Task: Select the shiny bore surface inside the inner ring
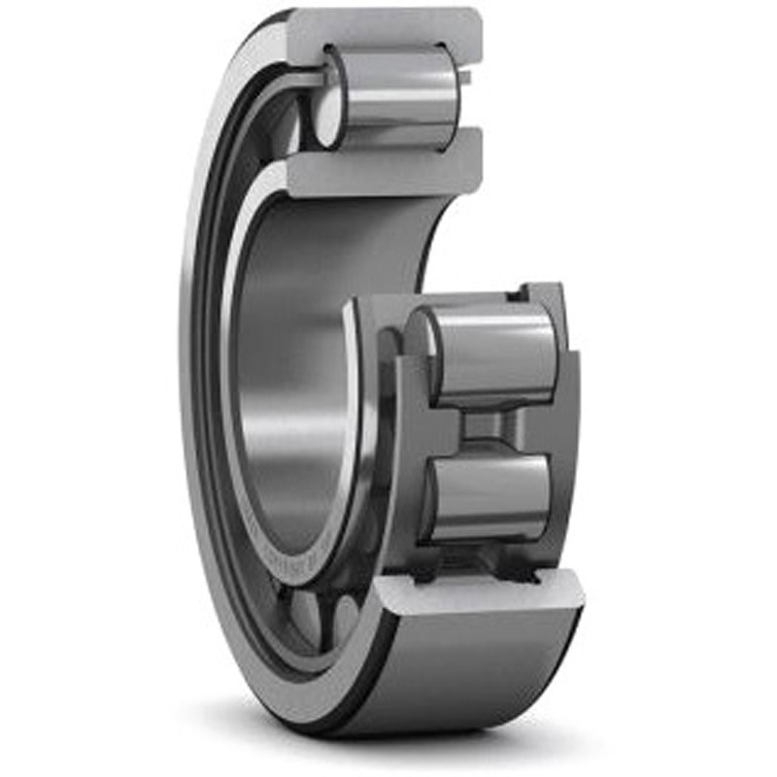pos(291,388)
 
